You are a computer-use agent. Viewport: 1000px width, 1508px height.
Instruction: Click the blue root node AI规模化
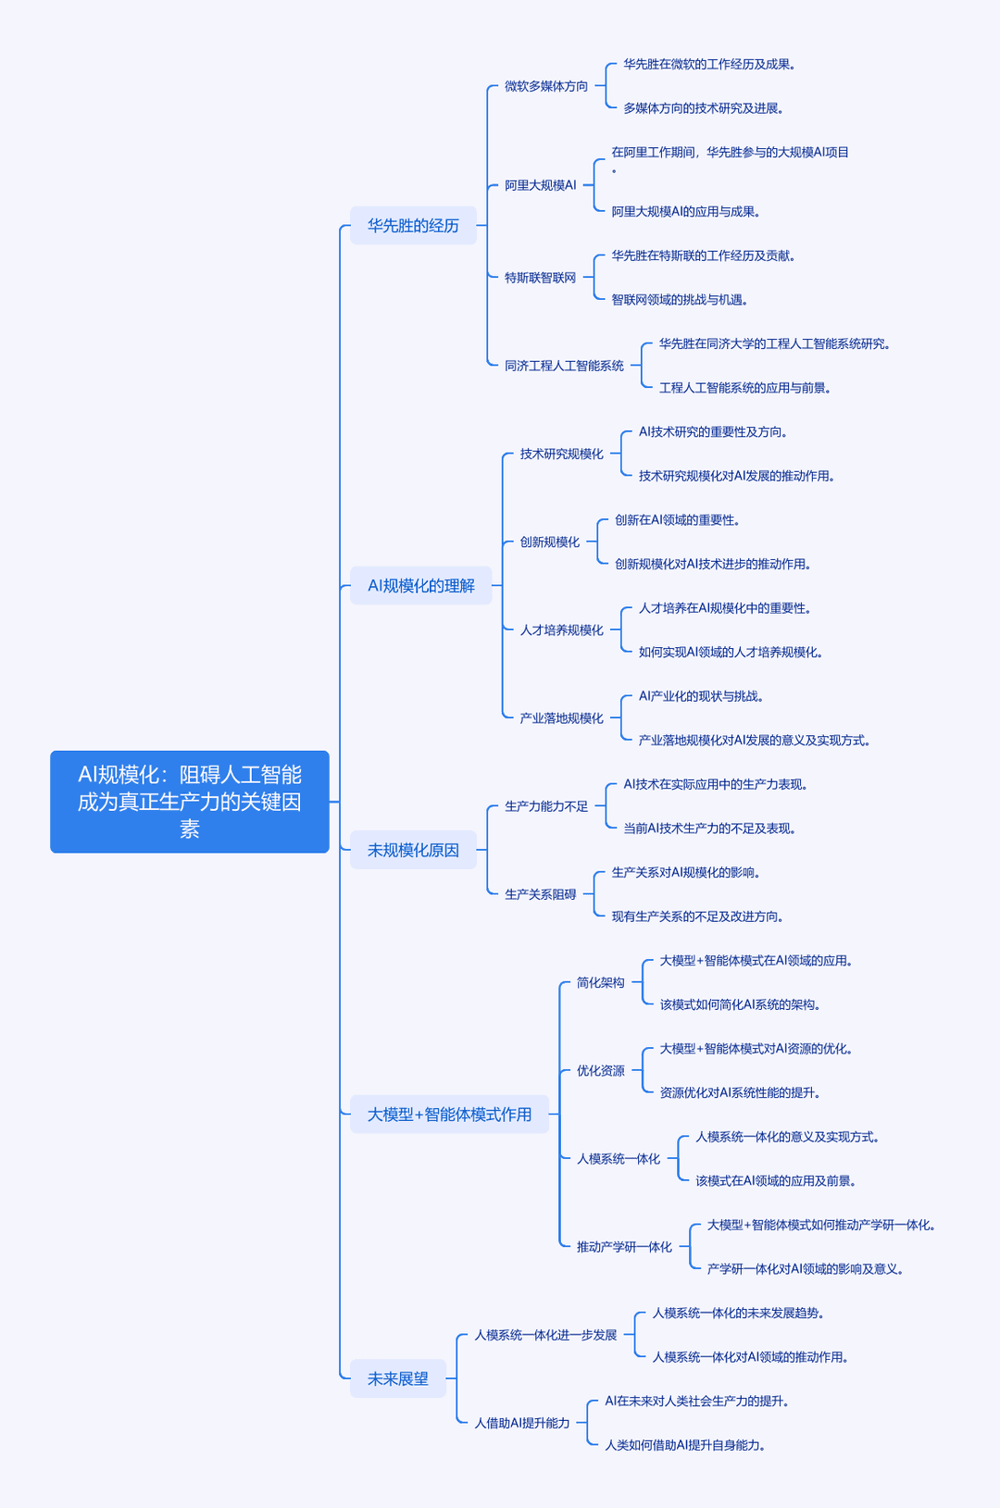(x=189, y=801)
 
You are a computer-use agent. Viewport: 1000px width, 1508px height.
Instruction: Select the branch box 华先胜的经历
(x=413, y=226)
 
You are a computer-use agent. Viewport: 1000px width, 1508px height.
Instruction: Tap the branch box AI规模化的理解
(x=421, y=586)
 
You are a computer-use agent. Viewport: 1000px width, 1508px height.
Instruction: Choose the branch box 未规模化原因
(x=413, y=850)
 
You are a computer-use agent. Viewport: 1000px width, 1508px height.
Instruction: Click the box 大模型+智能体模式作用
(x=449, y=1115)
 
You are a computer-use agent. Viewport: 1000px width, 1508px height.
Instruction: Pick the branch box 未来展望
(x=398, y=1378)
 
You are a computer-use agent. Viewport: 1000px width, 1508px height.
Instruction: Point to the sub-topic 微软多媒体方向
(x=546, y=86)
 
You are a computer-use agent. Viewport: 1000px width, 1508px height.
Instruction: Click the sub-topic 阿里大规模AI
(x=540, y=185)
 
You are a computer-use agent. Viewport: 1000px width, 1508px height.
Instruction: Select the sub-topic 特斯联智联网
(x=540, y=278)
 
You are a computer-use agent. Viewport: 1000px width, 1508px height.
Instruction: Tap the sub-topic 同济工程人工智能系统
(x=564, y=366)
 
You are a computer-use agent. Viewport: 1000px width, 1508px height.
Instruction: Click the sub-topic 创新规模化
(x=549, y=542)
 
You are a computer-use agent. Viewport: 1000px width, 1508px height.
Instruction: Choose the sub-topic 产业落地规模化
(x=562, y=718)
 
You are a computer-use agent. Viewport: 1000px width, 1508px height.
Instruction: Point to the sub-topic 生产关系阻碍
(x=540, y=894)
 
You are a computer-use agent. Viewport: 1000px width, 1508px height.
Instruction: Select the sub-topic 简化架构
(x=600, y=983)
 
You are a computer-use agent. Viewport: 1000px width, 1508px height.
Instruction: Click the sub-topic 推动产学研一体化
(x=624, y=1247)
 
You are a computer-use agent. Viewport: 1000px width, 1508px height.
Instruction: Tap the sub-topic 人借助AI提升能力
(x=522, y=1423)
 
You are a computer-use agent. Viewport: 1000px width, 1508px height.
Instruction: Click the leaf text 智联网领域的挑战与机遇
(x=679, y=300)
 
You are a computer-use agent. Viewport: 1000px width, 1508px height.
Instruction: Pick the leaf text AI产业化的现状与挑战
(x=700, y=696)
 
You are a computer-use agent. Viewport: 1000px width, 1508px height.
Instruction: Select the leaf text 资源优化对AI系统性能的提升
(x=740, y=1092)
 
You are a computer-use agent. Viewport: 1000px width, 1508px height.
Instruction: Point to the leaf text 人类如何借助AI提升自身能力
(x=685, y=1445)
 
